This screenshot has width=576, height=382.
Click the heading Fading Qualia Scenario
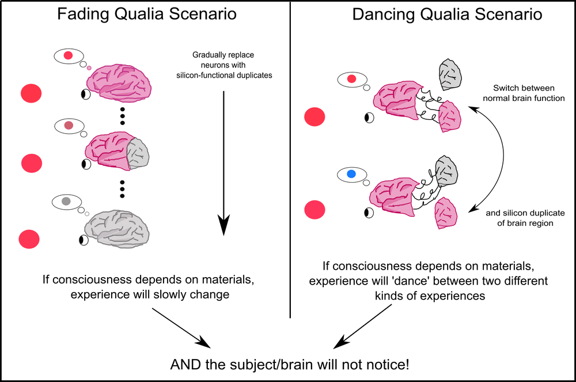(146, 14)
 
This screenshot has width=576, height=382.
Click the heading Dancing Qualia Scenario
(447, 14)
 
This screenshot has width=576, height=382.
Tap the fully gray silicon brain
(117, 229)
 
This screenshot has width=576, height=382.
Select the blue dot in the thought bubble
(351, 174)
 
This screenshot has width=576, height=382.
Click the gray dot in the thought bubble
(66, 201)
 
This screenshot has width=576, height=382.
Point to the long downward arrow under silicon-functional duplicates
(223, 164)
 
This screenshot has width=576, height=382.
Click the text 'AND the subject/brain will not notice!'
(290, 364)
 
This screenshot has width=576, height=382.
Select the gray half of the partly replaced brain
(138, 153)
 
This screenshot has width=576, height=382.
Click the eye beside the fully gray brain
(84, 240)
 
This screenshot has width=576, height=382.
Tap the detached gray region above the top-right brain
(450, 74)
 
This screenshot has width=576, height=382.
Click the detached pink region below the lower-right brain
(446, 213)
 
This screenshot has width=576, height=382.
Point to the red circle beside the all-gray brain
(29, 239)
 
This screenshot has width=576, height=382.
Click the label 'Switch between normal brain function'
(524, 93)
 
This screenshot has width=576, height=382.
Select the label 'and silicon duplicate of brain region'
(525, 218)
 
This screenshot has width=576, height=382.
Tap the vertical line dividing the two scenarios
(290, 160)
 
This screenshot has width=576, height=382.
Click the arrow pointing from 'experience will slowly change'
(181, 328)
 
